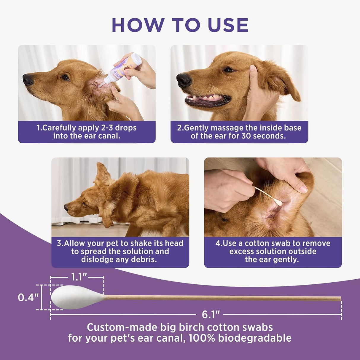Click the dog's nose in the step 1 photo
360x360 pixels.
pyautogui.click(x=28, y=79)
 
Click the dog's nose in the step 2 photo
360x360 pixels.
pyautogui.click(x=183, y=79)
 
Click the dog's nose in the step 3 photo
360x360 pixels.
pyautogui.click(x=66, y=207)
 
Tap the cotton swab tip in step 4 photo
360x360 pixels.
pyautogui.click(x=278, y=202)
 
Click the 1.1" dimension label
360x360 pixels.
pyautogui.click(x=79, y=277)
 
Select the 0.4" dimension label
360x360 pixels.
pyautogui.click(x=28, y=297)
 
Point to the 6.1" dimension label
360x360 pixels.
pyautogui.click(x=211, y=315)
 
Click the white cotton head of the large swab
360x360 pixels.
pyautogui.click(x=74, y=297)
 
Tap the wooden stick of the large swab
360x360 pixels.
pyautogui.click(x=222, y=298)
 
